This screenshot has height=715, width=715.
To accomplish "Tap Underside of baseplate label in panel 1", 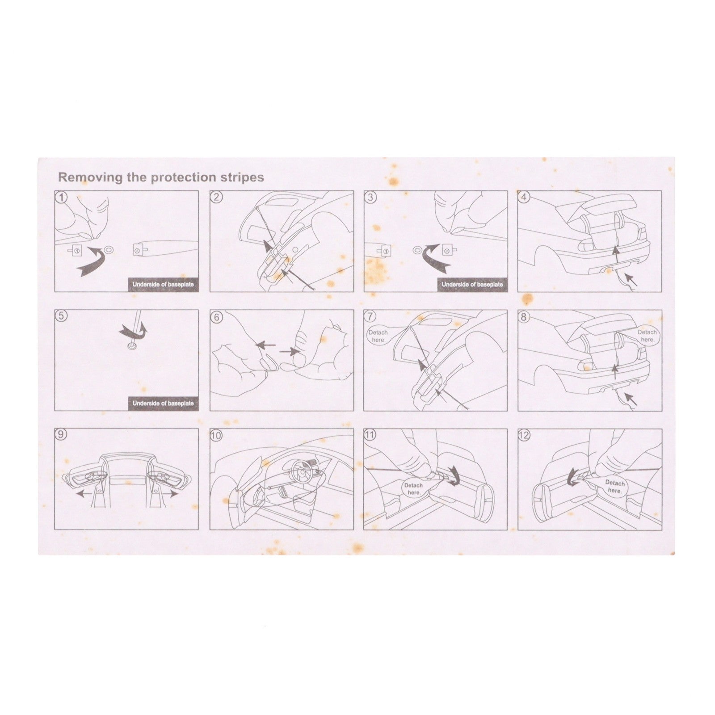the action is point(163,285).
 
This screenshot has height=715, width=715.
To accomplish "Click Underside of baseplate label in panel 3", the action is point(472,285).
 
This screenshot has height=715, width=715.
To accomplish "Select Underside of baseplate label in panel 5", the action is point(163,404).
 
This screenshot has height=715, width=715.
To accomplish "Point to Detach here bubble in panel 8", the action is point(647,336).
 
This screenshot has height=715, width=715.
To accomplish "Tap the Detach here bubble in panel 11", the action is point(414,488).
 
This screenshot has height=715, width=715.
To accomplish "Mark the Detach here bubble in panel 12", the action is point(615,486).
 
